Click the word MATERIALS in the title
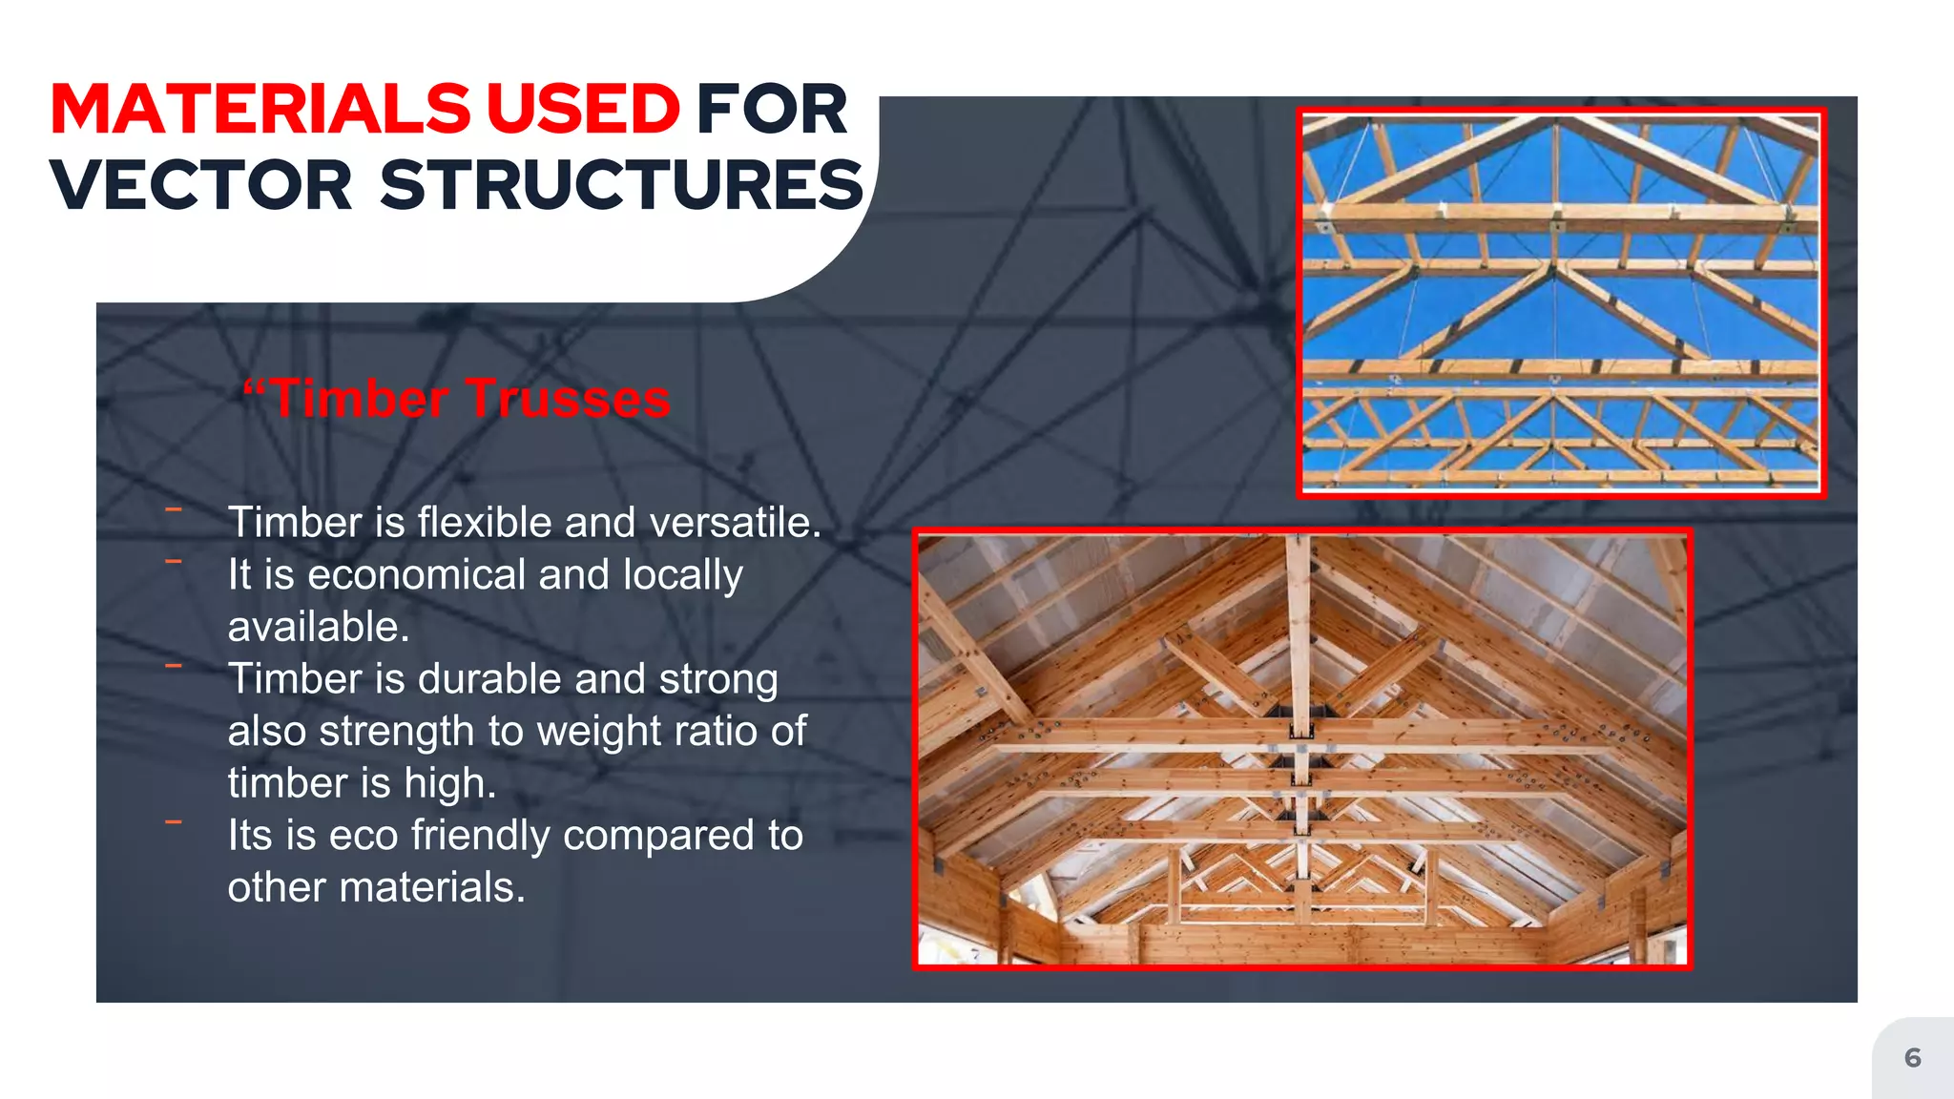tap(260, 109)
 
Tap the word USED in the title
tap(583, 109)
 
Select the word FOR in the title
tap(771, 109)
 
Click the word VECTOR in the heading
tap(201, 185)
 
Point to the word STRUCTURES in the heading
tap(621, 185)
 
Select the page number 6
tap(1912, 1057)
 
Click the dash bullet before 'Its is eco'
tap(174, 821)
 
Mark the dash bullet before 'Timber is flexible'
tap(174, 509)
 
